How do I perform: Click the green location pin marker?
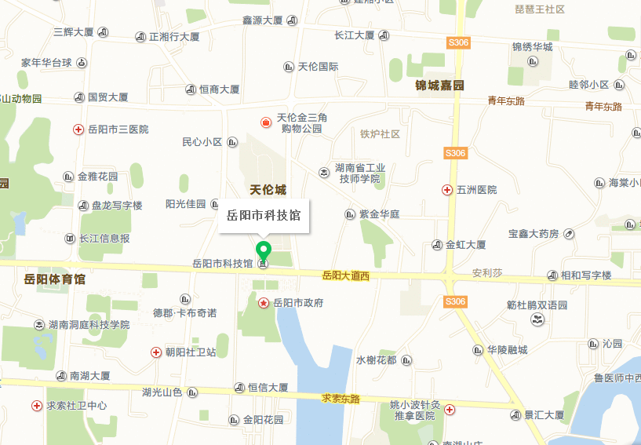point(264,250)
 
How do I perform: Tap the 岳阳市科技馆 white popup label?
point(264,214)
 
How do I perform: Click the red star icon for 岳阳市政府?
point(264,302)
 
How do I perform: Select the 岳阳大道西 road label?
point(345,276)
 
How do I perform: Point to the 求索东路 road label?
point(341,399)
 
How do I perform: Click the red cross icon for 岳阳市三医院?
point(78,129)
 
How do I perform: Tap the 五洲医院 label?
point(476,190)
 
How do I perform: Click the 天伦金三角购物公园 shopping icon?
point(266,122)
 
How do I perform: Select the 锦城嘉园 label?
point(440,86)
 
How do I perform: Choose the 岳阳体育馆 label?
point(54,279)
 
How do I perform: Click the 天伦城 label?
point(268,190)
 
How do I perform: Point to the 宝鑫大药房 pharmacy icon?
point(569,233)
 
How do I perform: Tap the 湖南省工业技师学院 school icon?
point(324,172)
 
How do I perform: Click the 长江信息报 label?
point(104,239)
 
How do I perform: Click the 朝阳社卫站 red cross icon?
point(155,352)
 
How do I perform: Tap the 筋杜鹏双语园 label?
point(537,305)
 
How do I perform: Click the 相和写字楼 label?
point(585,276)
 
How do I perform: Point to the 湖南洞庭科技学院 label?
point(89,325)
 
